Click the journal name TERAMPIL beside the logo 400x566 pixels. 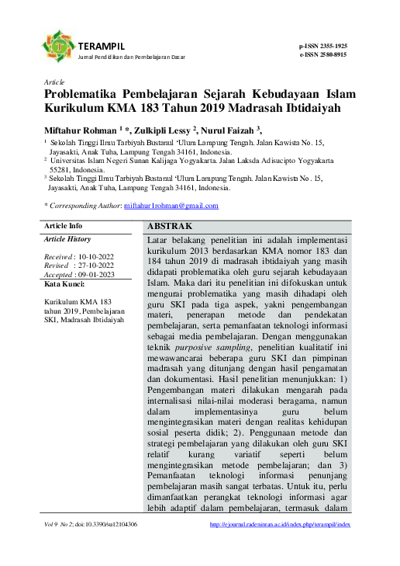click(x=98, y=47)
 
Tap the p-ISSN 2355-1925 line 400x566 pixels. click(x=323, y=47)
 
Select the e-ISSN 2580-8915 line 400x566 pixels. click(x=323, y=54)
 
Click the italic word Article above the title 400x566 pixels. click(x=54, y=82)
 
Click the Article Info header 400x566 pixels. click(x=64, y=227)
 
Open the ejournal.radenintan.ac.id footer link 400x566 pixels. click(x=280, y=525)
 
